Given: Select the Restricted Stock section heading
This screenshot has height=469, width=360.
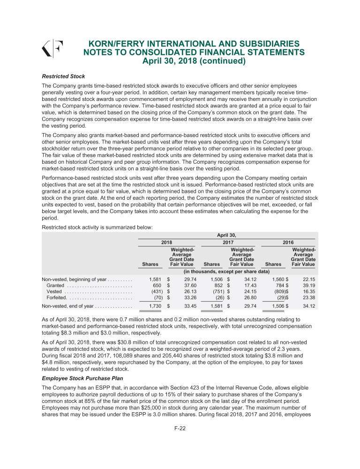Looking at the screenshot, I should click(63, 76).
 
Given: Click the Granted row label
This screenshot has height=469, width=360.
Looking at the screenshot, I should click(55, 286).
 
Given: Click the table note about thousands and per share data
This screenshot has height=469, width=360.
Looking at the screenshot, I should click(226, 272).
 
